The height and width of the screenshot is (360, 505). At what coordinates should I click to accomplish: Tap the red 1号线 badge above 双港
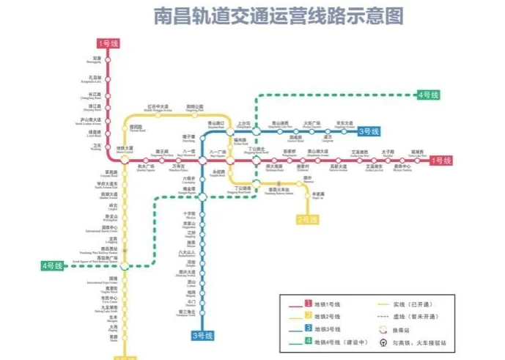108,43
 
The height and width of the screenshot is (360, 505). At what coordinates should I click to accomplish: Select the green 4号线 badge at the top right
427,95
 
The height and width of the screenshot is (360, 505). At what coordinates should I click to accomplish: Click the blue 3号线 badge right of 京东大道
369,132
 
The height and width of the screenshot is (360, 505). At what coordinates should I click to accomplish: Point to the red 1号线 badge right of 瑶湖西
440,161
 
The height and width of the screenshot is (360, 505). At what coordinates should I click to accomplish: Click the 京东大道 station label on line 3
344,124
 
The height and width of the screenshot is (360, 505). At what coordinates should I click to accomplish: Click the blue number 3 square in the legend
300,328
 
